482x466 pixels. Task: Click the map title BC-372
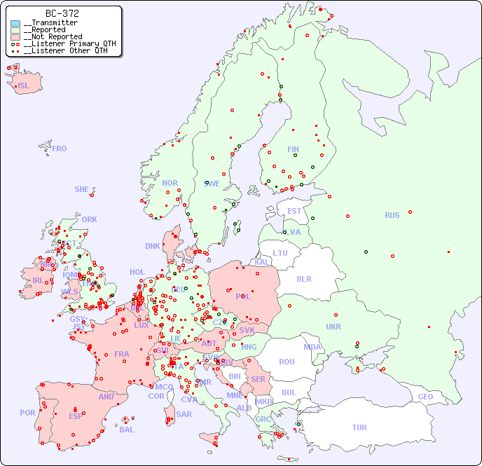[x=62, y=13]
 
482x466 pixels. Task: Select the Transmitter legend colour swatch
[x=15, y=23]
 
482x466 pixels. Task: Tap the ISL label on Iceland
[x=24, y=86]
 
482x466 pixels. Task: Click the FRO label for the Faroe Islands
[x=60, y=149]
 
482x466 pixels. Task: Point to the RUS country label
[x=392, y=215]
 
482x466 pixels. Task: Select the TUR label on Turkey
[x=359, y=427]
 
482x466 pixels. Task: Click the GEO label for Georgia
[x=425, y=397]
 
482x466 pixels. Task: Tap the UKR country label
[x=333, y=327]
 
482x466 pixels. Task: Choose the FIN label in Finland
[x=293, y=149]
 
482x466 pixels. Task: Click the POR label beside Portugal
[x=27, y=413]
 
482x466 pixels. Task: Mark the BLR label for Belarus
[x=303, y=278]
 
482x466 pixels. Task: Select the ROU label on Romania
[x=287, y=362]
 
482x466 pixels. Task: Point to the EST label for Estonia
[x=294, y=211]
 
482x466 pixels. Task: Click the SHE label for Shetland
[x=81, y=189]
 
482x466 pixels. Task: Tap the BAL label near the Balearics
[x=127, y=430]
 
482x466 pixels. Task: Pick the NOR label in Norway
[x=170, y=183]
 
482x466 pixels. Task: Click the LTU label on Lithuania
[x=280, y=253]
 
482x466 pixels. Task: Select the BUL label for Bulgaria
[x=289, y=392]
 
